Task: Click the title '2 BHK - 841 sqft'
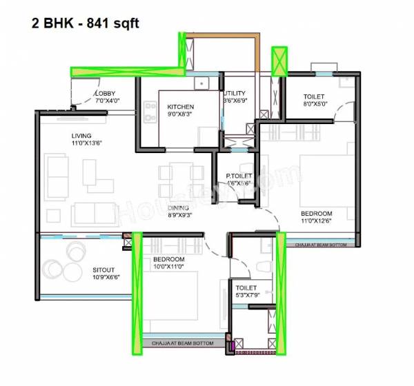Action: click(86, 23)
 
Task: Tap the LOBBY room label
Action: click(106, 93)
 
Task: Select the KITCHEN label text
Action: click(181, 108)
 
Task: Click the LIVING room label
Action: click(81, 136)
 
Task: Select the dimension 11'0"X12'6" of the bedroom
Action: click(316, 222)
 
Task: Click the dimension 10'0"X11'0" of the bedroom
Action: click(168, 267)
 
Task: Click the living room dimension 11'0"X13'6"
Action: click(86, 144)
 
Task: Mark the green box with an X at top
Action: click(279, 61)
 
